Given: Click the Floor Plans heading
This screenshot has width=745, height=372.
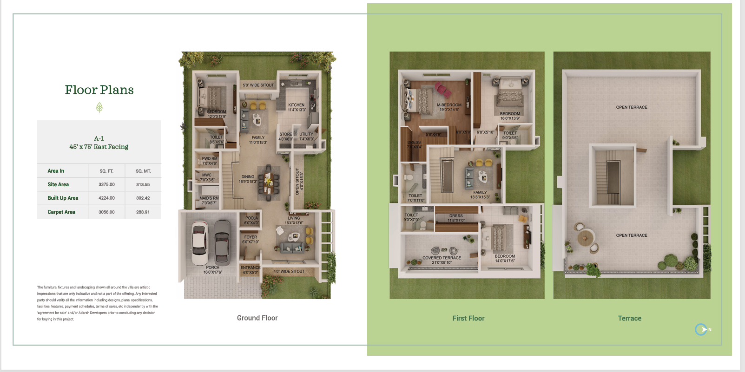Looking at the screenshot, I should (99, 90).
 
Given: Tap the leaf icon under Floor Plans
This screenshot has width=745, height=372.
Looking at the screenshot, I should (99, 108).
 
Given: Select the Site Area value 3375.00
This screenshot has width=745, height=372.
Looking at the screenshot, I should (106, 184).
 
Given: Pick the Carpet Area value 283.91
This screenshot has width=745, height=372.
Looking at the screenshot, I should (143, 212).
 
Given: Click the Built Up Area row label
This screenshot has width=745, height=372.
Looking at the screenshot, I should (63, 198).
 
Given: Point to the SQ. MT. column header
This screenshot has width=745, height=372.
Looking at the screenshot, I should (143, 171).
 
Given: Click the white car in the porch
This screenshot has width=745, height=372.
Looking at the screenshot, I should (200, 242).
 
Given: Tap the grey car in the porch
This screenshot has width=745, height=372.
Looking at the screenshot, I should (222, 241).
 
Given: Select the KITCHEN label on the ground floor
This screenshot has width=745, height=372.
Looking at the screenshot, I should (297, 105).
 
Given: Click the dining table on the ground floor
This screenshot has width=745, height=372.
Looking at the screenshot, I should (269, 181).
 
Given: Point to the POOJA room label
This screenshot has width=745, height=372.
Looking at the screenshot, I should (251, 218).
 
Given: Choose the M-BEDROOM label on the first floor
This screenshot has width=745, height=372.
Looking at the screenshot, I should (449, 105).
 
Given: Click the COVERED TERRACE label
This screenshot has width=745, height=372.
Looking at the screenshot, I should (442, 258).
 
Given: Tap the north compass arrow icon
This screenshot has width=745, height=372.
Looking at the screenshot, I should (702, 329).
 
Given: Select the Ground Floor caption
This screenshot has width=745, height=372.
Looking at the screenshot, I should (257, 318).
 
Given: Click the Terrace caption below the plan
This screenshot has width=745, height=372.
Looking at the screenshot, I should (629, 318).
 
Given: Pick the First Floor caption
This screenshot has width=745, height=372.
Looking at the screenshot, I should (468, 318).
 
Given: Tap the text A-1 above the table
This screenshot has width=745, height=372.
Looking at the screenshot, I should (99, 138).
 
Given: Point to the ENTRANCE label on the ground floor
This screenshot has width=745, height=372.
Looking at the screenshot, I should (251, 268).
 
